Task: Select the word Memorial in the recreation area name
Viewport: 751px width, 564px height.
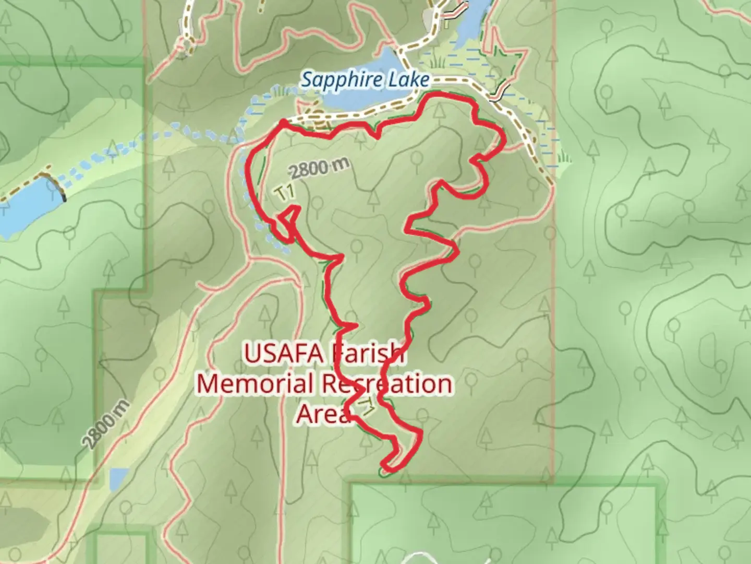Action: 255,384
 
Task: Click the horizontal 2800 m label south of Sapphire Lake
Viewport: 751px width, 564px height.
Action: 318,168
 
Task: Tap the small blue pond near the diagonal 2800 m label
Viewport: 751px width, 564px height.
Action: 118,477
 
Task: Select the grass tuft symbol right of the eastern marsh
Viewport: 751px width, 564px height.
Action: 564,157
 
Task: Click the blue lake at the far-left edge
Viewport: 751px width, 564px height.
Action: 21,204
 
